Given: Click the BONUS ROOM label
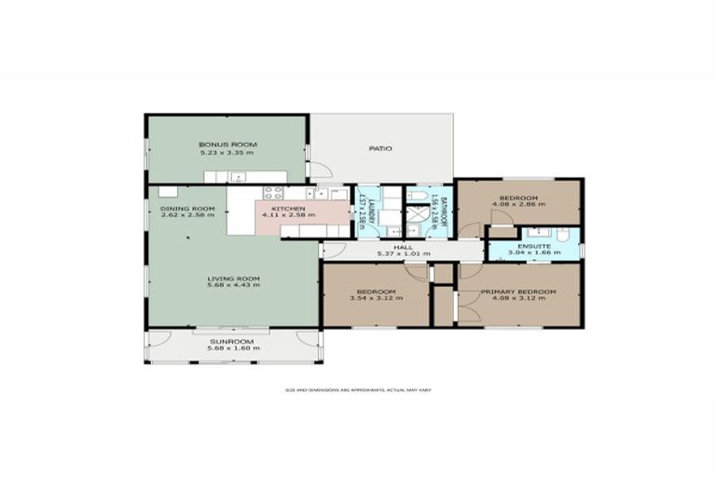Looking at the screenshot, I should [227, 144].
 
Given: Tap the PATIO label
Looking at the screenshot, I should [379, 148].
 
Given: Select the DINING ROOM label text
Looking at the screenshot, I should [187, 208].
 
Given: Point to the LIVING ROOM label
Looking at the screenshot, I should [233, 279].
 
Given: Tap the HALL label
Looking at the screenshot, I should [403, 247].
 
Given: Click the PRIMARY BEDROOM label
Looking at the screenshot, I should [518, 292].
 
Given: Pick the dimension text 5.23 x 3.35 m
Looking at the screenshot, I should [227, 152].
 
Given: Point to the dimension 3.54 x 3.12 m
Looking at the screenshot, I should [377, 299].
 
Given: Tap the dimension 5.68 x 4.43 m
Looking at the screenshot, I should [233, 285].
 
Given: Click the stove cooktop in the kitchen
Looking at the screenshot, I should [273, 193].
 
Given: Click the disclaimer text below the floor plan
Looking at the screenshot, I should [358, 389].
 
